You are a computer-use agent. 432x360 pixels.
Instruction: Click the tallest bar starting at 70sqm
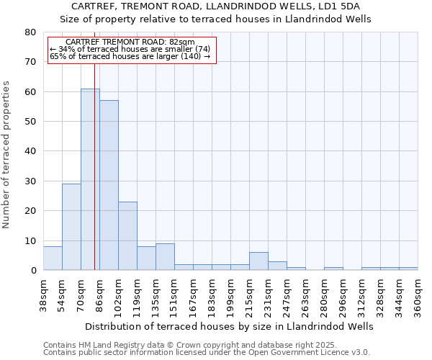[90, 179]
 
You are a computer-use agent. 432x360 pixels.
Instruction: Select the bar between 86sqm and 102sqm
[109, 185]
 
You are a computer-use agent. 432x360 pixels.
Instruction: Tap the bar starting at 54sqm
[71, 227]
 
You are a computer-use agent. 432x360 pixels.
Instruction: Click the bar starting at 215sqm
[258, 261]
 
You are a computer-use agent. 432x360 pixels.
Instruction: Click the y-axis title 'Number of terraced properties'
[7, 154]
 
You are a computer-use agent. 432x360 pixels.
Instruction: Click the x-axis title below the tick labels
[230, 326]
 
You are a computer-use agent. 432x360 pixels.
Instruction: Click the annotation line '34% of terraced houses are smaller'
[130, 49]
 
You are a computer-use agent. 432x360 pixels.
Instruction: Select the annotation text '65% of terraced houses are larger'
[130, 56]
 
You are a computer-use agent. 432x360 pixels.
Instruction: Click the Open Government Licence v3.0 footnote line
[207, 352]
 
